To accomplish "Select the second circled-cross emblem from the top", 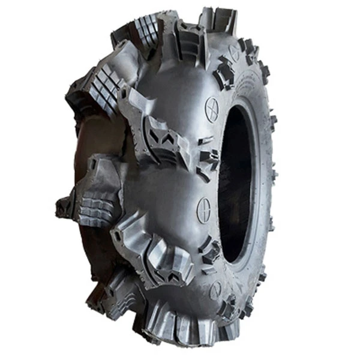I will coord(212,109).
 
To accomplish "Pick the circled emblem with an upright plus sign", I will coord(204,210).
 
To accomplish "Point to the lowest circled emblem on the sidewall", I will coord(215,290).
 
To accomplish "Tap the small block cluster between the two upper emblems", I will coord(224,72).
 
